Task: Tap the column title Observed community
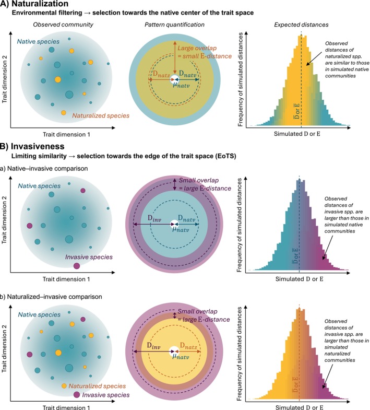coord(63,25)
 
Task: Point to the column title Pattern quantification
coord(174,25)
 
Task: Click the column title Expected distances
coord(301,25)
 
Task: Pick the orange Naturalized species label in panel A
coord(101,115)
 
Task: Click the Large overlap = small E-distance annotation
coord(205,52)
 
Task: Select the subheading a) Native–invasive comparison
coord(44,168)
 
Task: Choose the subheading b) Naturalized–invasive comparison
coord(51,297)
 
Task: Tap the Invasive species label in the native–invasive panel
coord(89,257)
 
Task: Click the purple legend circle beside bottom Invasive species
coord(77,395)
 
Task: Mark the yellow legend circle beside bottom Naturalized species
coord(64,386)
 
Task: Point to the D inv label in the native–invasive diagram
coord(154,218)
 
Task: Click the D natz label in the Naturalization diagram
coord(161,74)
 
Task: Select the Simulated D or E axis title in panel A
coord(297,134)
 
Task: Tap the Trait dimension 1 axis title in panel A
coord(66,134)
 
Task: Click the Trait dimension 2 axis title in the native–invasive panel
coord(4,220)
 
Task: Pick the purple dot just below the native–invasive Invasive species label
coord(77,266)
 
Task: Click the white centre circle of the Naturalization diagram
coord(174,79)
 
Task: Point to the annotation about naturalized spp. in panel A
coord(347,60)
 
